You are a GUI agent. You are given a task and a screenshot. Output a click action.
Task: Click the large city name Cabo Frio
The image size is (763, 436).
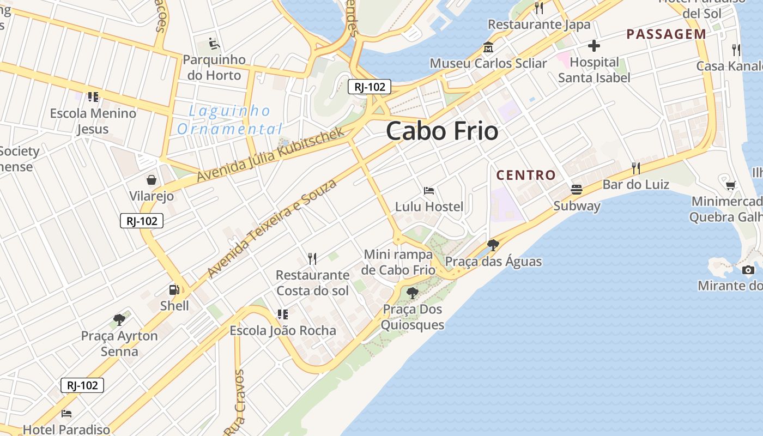coord(442,131)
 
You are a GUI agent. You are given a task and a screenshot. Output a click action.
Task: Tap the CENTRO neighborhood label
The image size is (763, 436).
coord(526,175)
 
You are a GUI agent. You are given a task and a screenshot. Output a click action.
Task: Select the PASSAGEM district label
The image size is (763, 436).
coord(666,34)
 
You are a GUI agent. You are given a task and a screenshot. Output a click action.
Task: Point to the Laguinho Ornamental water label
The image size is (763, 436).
coord(229,120)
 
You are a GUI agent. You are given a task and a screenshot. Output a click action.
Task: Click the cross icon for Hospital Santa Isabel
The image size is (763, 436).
coord(594,46)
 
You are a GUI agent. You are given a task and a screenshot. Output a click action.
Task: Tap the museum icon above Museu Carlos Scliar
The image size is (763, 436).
coord(488,47)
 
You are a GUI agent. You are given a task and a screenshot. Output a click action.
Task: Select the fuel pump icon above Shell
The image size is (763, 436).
coord(174,290)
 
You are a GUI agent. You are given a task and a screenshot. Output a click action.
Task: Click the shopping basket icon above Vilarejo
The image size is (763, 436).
coord(151,179)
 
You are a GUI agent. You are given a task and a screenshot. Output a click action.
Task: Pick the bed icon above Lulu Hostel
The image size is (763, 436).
coord(429,191)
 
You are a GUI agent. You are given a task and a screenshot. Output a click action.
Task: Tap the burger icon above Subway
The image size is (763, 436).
coord(577,190)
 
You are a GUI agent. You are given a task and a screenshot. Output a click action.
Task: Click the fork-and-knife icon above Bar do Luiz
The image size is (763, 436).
coord(635,167)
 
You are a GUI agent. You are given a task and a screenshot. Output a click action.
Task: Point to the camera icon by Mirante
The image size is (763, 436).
coord(748,270)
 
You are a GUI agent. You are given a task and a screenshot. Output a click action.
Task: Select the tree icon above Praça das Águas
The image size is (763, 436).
coord(493,245)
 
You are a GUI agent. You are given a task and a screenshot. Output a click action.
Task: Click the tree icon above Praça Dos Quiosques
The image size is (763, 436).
coord(413,293)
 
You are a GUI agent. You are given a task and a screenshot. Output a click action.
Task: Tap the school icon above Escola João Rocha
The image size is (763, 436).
coord(282,314)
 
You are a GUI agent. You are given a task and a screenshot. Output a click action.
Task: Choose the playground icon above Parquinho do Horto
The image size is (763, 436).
coord(214,43)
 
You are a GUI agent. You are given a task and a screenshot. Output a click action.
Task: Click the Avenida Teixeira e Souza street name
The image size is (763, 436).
coord(272,228)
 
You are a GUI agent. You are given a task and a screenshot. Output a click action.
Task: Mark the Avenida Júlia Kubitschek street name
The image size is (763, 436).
coord(271,155)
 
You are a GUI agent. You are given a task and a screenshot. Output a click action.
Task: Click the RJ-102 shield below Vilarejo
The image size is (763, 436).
coord(142,221)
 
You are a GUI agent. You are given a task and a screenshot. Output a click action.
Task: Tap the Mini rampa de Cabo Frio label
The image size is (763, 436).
coord(399,262)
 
